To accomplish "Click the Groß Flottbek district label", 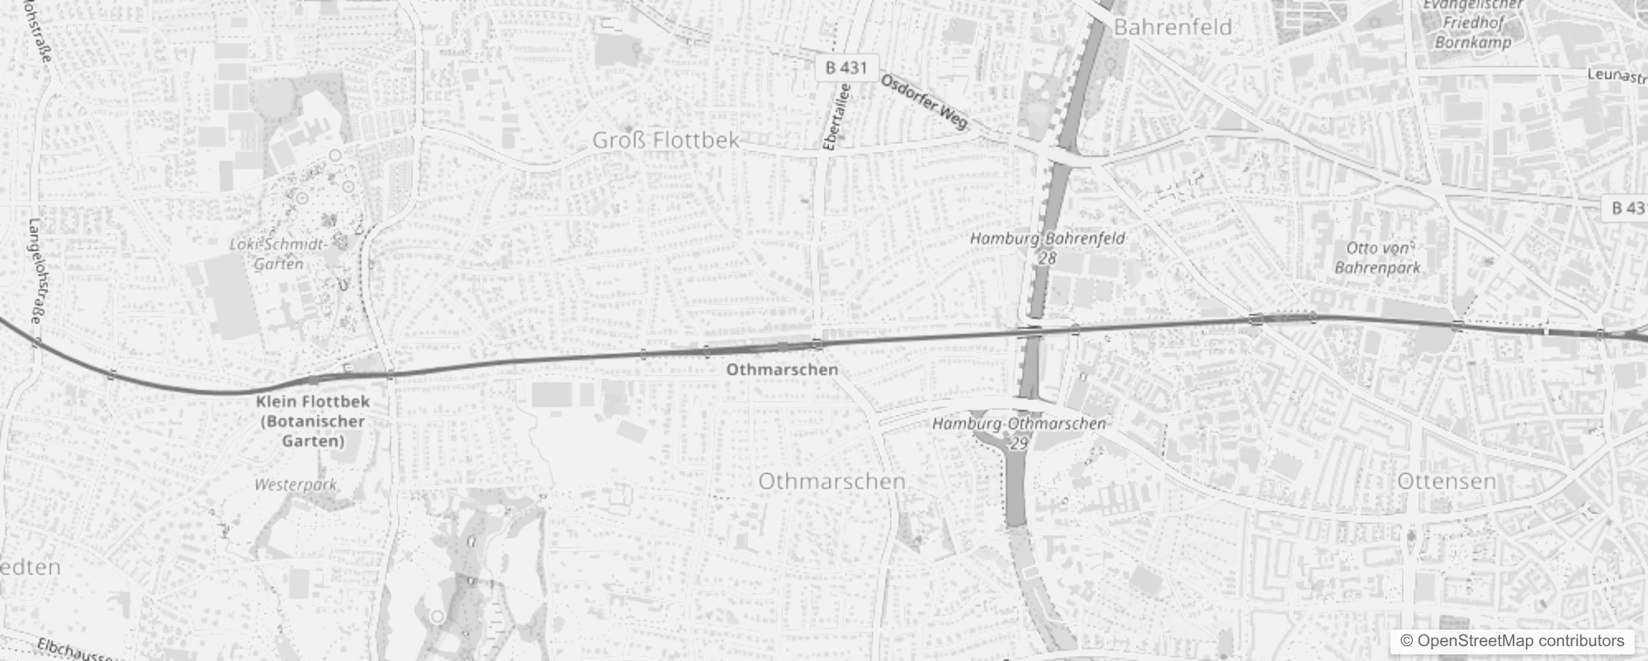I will [665, 140].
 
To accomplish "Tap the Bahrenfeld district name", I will [1172, 27].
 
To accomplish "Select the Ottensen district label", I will [1447, 481].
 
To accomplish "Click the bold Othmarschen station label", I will [782, 369].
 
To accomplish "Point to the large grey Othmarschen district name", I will [831, 481].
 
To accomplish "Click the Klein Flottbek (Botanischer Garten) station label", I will [313, 421].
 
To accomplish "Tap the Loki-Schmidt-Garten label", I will [279, 254].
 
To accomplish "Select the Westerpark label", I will [296, 484].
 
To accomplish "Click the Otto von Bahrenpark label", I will [1377, 258].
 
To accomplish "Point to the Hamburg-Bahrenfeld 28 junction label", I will [1047, 247].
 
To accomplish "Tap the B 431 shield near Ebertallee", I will [846, 68].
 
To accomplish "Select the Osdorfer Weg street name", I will [923, 102].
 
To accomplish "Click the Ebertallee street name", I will [836, 117].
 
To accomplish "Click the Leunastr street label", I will [1616, 75].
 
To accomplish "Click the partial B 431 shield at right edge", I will [1627, 207].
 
